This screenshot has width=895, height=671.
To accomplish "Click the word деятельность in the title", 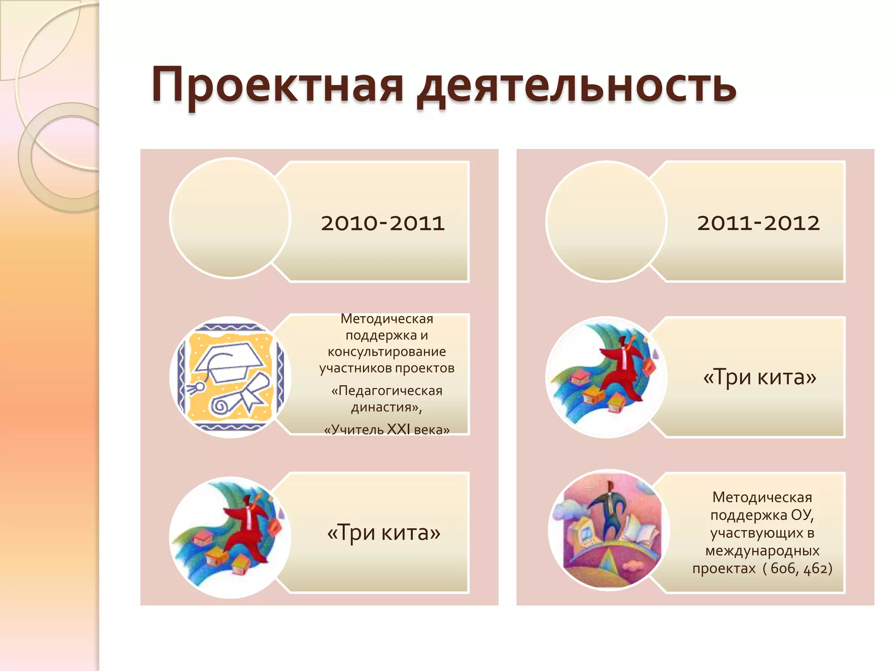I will pos(576,86).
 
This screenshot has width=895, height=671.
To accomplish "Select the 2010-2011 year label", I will pos(382,223).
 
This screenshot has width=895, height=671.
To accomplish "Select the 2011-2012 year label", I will pos(758,223).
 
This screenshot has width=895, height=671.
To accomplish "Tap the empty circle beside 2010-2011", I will pos(230,218).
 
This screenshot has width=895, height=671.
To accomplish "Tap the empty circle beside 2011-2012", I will pos(606,221).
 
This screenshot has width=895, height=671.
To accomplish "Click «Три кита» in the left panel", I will pos(384,533).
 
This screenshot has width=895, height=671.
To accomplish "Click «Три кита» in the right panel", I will pos(760,377).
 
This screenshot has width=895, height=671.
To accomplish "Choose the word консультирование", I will pos(387,352).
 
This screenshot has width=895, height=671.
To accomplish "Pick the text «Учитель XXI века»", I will pos(387,430).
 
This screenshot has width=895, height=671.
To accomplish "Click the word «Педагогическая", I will pos(387,391).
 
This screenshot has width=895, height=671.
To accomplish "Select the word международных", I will pos(762,551).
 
